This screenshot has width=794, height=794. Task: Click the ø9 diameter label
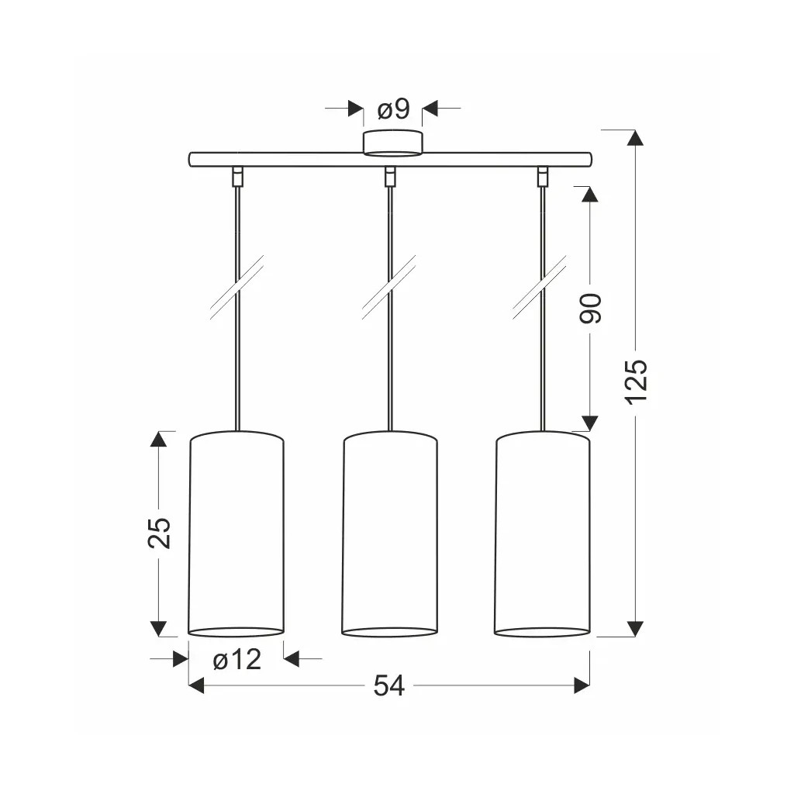(x=393, y=109)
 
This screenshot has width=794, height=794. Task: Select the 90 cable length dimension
(x=590, y=309)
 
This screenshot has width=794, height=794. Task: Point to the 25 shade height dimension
(x=160, y=533)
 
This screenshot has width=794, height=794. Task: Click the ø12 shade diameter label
(x=237, y=659)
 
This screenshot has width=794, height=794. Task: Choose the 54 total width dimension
(x=389, y=686)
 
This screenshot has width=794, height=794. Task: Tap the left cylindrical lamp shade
(x=236, y=533)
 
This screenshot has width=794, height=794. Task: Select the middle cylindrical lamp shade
(x=389, y=533)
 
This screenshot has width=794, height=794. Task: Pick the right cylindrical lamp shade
(x=542, y=533)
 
